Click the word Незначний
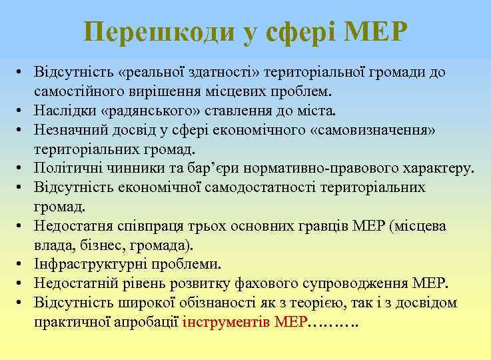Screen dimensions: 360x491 (75, 129)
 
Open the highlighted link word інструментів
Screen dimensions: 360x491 (224, 322)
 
